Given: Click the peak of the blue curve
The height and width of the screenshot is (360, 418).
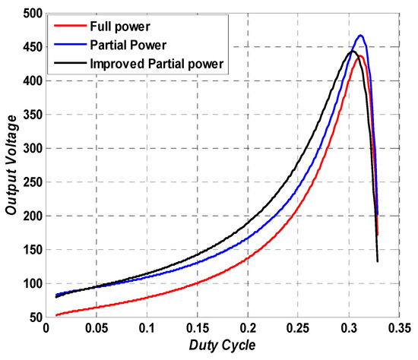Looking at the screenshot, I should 360,36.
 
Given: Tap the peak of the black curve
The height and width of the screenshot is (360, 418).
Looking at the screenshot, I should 352,51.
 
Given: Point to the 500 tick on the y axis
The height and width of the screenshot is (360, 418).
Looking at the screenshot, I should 30,14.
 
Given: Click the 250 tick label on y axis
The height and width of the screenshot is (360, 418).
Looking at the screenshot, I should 30,182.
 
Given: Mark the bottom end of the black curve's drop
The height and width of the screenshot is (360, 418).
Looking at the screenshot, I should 378,261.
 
